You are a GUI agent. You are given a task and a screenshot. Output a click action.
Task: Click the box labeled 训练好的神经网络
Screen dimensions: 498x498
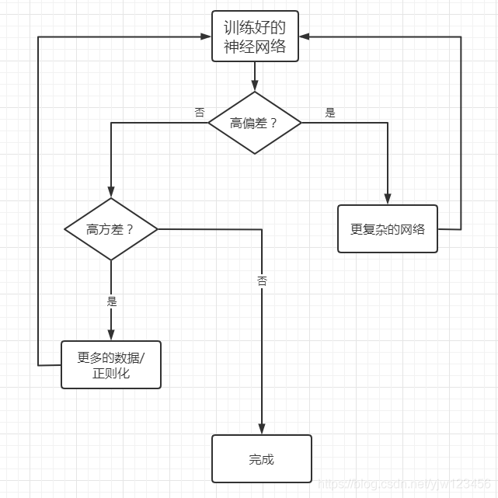click(254, 37)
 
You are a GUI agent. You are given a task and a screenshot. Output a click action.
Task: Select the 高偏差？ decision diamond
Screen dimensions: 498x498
click(254, 123)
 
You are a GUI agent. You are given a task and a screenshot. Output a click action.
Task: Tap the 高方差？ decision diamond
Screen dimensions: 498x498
click(110, 229)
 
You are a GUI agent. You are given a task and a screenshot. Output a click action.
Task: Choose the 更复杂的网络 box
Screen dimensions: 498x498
click(387, 229)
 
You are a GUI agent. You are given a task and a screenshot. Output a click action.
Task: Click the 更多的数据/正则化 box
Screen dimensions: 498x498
click(110, 365)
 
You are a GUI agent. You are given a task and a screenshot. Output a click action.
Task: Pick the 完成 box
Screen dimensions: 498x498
click(261, 459)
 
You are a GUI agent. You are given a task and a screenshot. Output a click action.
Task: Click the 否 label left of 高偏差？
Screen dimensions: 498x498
click(200, 113)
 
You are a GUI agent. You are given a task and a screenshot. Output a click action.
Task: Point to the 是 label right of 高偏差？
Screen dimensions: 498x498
click(330, 113)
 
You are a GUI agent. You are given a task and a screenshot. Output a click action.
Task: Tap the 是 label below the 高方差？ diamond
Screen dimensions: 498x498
click(110, 301)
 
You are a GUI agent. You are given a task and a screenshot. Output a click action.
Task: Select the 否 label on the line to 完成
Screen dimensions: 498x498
click(262, 281)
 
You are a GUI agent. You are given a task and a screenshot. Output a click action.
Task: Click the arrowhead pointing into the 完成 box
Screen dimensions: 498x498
click(262, 430)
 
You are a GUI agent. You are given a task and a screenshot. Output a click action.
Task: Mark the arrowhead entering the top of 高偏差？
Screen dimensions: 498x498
click(254, 86)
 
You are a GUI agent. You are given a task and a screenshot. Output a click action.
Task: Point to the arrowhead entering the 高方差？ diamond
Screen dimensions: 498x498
click(110, 194)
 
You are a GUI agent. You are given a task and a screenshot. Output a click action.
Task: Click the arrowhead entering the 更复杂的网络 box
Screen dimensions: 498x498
click(387, 200)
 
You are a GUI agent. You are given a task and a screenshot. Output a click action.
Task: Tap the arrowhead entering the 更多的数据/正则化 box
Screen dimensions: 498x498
click(110, 336)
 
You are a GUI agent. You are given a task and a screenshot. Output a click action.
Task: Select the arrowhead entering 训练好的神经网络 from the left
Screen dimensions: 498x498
click(206, 37)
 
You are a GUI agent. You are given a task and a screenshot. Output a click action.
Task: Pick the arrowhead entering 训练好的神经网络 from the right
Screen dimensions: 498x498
click(303, 37)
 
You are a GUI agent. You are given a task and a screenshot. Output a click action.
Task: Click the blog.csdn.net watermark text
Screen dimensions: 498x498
click(404, 485)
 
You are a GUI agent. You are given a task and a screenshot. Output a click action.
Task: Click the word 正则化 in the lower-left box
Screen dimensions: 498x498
click(110, 374)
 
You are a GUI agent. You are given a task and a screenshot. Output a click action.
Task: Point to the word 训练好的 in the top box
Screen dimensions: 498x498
click(254, 28)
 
